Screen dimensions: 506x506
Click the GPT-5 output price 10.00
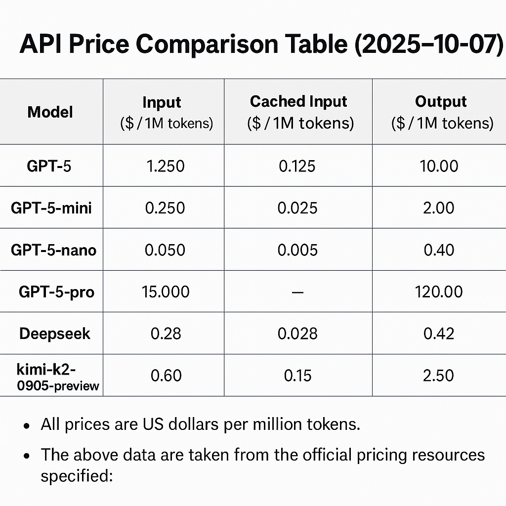438,166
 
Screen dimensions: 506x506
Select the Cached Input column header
298,102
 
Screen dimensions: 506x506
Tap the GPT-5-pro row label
56,292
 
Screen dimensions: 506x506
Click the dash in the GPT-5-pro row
297,292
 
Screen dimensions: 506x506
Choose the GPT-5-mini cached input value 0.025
297,208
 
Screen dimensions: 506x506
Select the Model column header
50,112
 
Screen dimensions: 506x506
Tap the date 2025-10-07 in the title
425,44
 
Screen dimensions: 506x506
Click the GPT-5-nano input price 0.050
165,250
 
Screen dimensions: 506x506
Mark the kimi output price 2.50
438,376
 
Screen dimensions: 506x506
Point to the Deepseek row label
55,334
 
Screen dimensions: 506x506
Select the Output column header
441,102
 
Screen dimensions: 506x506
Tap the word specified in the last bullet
77,477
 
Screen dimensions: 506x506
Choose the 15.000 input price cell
165,292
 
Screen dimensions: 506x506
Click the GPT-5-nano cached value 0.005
297,250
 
